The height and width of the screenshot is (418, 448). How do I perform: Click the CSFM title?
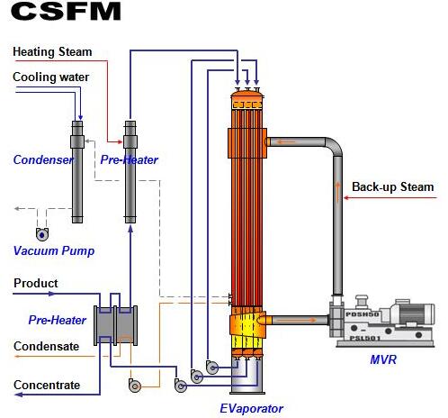point(66,11)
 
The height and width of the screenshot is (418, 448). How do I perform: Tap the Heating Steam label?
point(52,51)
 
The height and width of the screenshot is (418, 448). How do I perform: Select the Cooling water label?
point(51,77)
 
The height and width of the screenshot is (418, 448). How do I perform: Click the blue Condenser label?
point(43,159)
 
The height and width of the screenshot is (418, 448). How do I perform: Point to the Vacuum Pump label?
point(54,250)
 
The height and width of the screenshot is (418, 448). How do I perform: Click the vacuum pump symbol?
point(42,234)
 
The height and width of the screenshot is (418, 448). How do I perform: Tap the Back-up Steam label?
point(393,186)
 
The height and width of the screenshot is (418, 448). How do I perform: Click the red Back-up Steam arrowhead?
point(346,197)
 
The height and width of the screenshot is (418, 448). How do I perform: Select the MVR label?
point(383,359)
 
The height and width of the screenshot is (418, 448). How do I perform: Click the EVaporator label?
point(251,409)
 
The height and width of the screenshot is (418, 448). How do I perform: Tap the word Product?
point(36,283)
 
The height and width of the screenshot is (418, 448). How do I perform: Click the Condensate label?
point(47,346)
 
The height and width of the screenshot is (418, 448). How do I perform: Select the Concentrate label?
point(47,385)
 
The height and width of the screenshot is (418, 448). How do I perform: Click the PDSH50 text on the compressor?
point(363,314)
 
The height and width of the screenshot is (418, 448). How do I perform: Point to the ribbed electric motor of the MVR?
point(417,313)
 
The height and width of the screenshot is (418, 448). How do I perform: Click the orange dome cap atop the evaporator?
point(247,94)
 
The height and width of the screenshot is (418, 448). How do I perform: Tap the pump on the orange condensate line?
point(135,385)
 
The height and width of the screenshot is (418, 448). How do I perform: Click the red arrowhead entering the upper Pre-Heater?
point(120,141)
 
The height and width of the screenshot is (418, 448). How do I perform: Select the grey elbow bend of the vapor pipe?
point(334,146)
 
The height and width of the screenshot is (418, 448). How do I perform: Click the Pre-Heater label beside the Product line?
point(58,320)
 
